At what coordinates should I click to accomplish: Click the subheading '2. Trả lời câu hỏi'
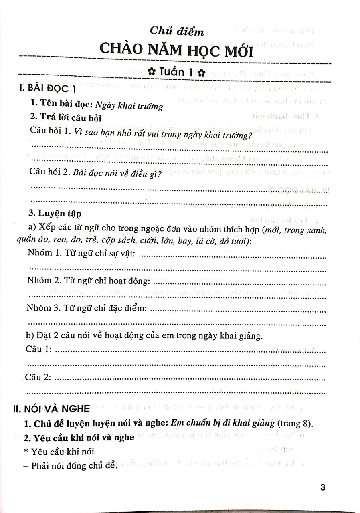pos(66,118)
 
